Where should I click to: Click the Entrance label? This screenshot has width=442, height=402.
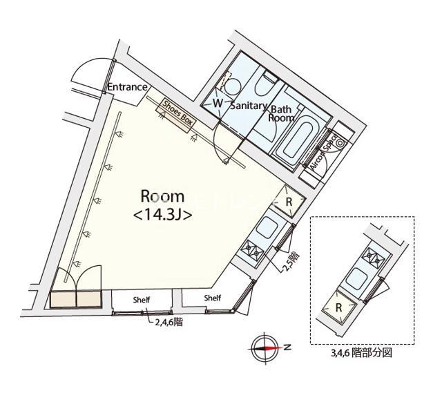128,87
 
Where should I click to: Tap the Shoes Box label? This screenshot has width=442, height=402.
177,112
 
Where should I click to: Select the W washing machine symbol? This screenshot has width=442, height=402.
218,103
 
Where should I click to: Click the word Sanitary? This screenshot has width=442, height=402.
248,106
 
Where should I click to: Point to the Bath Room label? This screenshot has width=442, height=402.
281,113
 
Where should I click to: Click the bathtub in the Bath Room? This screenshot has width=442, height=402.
296,140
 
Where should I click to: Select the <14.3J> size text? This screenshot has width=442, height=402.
162,215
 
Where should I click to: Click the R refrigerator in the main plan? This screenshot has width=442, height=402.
289,202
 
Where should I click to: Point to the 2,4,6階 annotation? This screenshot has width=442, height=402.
169,321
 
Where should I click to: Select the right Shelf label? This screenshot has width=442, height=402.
213,298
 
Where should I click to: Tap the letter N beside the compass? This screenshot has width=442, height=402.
287,347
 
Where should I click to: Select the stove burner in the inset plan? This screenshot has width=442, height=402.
376,258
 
